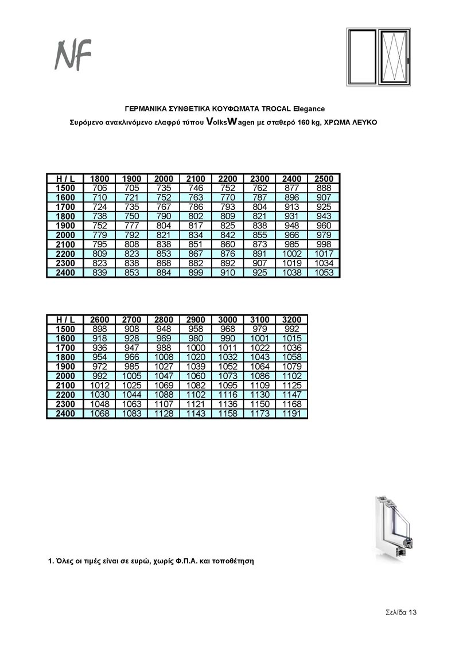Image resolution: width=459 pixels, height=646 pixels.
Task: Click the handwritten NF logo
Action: (x=73, y=55)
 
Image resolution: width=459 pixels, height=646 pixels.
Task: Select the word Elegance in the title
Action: (x=309, y=108)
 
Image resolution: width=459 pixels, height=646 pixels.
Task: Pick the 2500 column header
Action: (x=324, y=179)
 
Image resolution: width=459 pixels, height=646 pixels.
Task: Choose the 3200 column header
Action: (x=291, y=320)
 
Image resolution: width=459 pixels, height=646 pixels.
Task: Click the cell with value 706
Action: (x=100, y=188)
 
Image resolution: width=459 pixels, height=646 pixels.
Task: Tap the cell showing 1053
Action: (x=324, y=273)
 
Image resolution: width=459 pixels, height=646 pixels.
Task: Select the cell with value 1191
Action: (x=291, y=414)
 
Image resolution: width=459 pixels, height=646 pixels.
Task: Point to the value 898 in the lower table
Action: (x=100, y=329)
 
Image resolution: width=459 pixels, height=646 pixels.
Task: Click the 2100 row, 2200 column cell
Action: (x=228, y=244)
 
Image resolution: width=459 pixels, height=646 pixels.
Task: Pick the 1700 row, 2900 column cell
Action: (x=196, y=348)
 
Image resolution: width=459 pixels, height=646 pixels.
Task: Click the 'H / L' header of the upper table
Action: (x=65, y=179)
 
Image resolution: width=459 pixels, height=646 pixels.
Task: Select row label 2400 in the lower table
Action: (x=65, y=414)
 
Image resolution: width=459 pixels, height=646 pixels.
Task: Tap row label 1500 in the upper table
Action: (x=65, y=188)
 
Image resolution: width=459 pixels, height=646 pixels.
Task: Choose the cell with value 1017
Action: (x=324, y=254)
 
